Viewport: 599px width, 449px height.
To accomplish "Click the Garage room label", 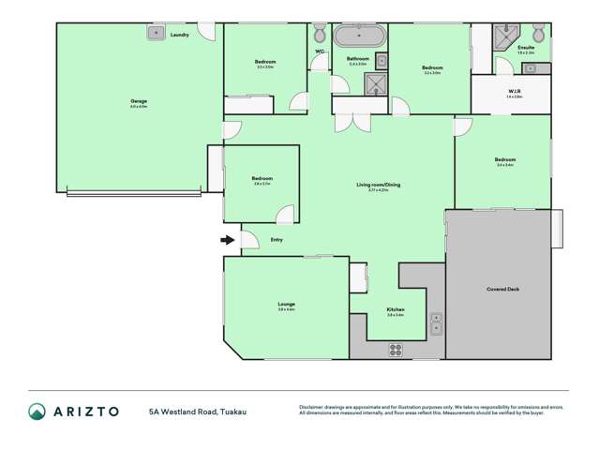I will point(138,100).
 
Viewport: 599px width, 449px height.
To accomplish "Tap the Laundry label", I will point(180,35).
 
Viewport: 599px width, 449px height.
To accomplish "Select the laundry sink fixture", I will point(155,33).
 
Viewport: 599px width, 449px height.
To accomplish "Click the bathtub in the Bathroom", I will point(359,37).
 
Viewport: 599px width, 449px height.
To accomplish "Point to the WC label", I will point(320,52).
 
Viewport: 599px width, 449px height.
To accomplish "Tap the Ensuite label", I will point(526,47).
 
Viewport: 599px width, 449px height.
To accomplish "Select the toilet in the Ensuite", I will point(538,32).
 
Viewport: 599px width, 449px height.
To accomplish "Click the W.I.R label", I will point(514,91).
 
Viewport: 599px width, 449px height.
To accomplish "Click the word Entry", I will point(277,240).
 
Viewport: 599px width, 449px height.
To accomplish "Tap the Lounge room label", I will point(286,304).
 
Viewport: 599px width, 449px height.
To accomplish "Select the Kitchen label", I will point(395,310).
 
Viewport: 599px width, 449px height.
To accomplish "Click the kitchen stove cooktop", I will point(396,350).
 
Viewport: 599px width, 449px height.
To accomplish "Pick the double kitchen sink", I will point(436,323).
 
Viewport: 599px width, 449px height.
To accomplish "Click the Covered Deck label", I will point(502,290).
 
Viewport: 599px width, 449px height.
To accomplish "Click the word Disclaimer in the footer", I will point(312,407).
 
